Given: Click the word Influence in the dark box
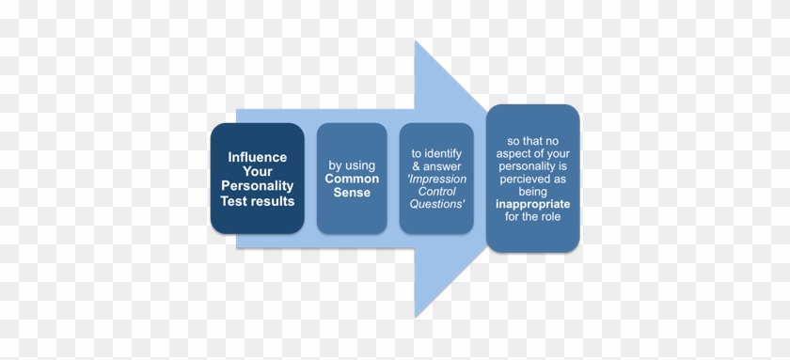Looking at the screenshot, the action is pyautogui.click(x=257, y=157).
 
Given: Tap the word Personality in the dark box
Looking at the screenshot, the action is pyautogui.click(x=257, y=186).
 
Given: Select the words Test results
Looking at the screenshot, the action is pyautogui.click(x=257, y=201).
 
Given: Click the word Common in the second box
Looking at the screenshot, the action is pyautogui.click(x=353, y=179).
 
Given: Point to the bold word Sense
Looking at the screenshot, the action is pyautogui.click(x=353, y=193).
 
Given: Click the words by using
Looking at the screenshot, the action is pyautogui.click(x=353, y=164).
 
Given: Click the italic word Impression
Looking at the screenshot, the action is pyautogui.click(x=435, y=179).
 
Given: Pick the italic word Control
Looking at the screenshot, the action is pyautogui.click(x=435, y=193).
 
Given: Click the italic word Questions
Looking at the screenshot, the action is pyautogui.click(x=435, y=207).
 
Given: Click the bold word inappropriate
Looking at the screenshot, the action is pyautogui.click(x=532, y=203).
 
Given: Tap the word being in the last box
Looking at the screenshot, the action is pyautogui.click(x=532, y=189).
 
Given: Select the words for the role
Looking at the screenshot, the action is pyautogui.click(x=532, y=217).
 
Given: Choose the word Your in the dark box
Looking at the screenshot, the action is pyautogui.click(x=257, y=172).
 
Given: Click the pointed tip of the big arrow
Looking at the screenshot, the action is pyautogui.click(x=485, y=180).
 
